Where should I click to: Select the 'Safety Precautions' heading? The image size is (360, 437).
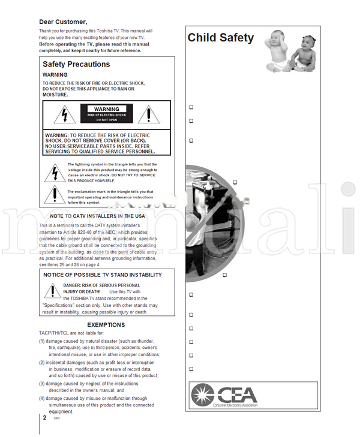click(76, 64)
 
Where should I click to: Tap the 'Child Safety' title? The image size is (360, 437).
click(220, 38)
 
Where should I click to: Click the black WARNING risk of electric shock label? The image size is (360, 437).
click(106, 113)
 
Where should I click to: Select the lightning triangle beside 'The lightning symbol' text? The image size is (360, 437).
click(54, 173)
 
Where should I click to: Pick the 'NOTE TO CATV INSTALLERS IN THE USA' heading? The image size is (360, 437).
click(97, 216)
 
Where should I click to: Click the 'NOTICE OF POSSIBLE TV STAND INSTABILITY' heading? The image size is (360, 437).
click(103, 275)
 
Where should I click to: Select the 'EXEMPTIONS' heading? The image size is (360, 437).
click(106, 325)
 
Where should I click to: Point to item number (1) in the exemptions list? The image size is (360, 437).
click(42, 341)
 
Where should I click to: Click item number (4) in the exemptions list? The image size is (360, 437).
click(42, 398)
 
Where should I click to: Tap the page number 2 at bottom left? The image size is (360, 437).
click(44, 417)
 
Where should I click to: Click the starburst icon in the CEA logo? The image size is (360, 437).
click(202, 394)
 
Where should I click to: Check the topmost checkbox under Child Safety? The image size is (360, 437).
click(191, 107)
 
